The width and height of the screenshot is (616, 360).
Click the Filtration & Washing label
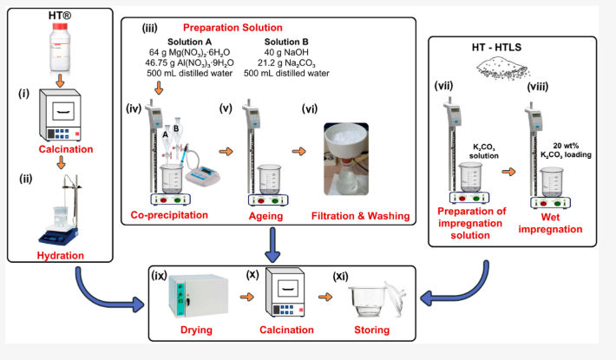[x=360, y=214]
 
